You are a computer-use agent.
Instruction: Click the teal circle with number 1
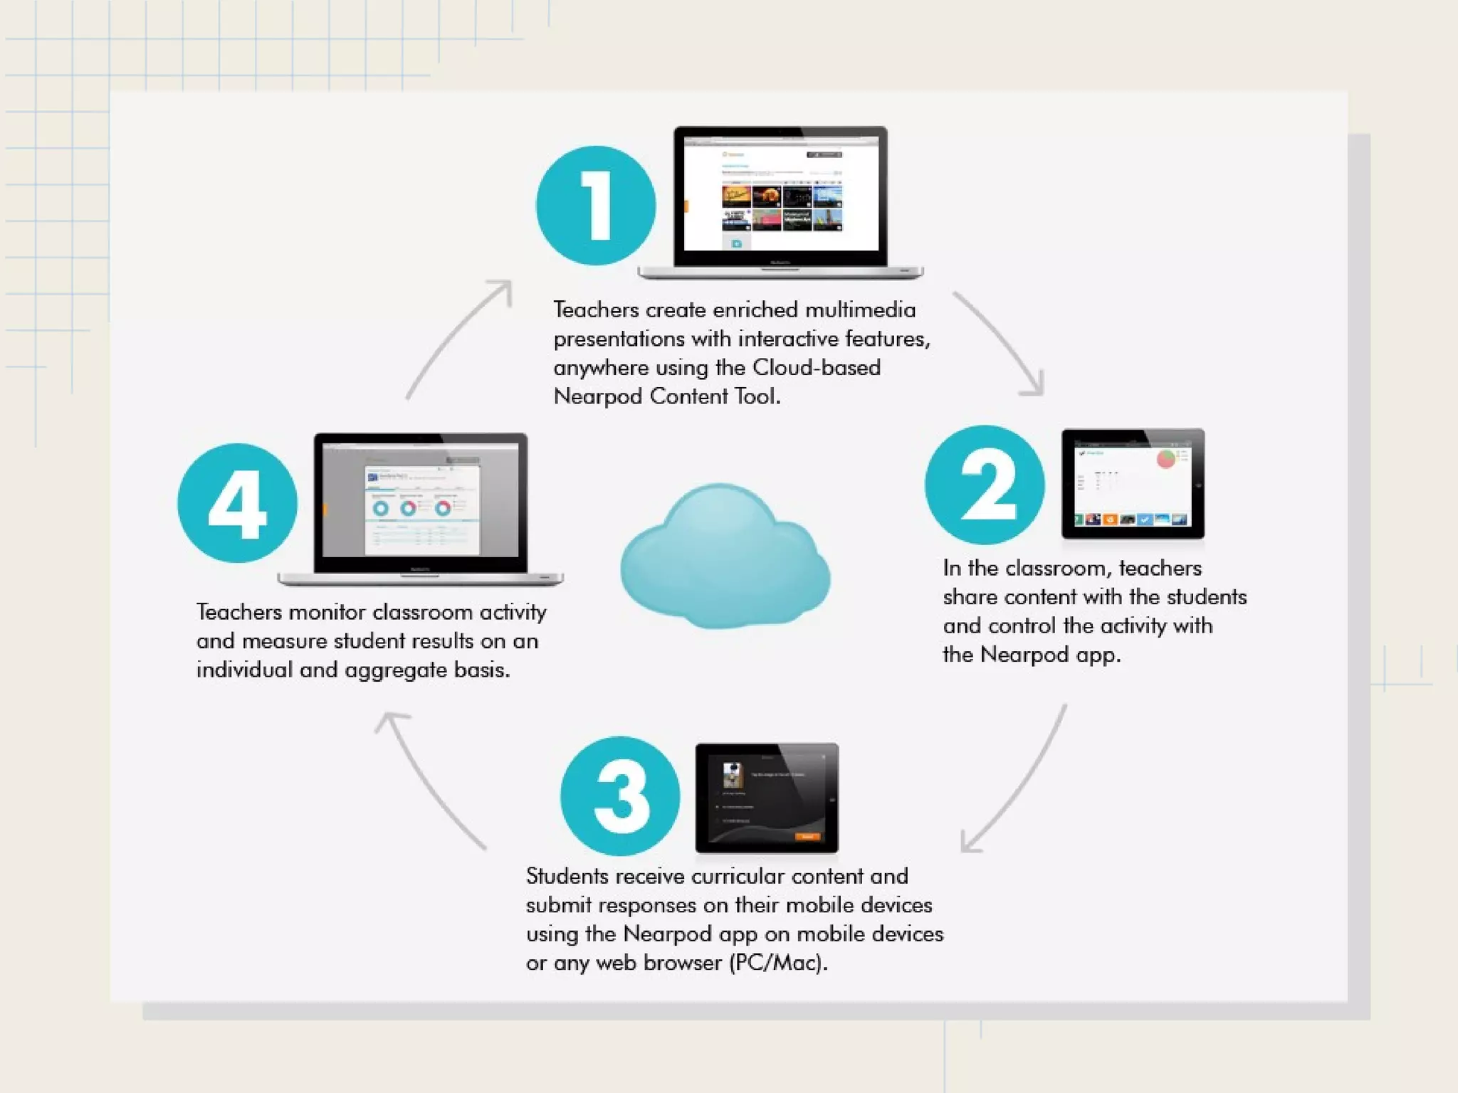tap(596, 206)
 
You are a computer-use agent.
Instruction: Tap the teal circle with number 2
tap(985, 485)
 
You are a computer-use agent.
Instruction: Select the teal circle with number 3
tap(620, 796)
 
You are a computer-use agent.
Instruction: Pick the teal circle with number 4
tap(237, 503)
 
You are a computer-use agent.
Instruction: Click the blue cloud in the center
tap(724, 559)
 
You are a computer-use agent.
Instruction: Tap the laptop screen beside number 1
tap(781, 194)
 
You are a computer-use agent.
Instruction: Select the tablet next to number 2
tap(1133, 484)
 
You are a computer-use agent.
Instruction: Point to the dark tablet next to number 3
tap(767, 797)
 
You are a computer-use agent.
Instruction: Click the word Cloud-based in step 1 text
tap(816, 368)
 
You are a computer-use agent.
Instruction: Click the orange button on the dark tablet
tap(807, 837)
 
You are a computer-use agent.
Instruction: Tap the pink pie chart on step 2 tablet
tap(1166, 458)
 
